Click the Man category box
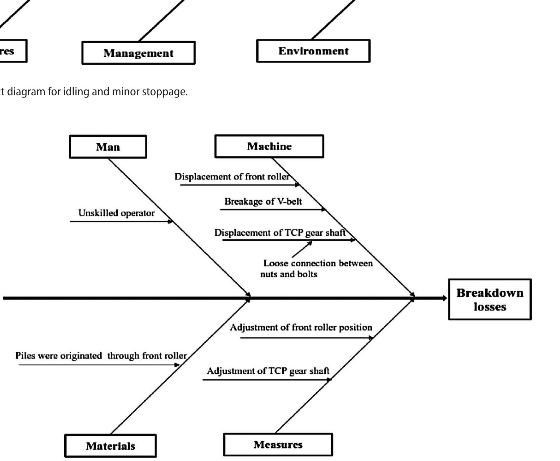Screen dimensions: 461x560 tap(108, 147)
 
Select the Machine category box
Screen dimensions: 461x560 tap(269, 146)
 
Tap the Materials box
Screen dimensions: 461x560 tap(110, 446)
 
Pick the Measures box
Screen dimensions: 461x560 tap(278, 444)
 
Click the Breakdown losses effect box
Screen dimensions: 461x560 tap(490, 300)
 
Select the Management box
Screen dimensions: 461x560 tap(138, 53)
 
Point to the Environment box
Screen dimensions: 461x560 tap(313, 51)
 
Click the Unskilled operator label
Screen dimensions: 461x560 tap(116, 213)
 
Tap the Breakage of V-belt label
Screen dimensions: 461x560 tap(263, 201)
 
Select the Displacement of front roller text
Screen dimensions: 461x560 tap(232, 177)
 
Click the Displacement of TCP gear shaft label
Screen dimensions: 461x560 tap(280, 232)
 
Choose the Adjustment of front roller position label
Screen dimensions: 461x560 tap(301, 327)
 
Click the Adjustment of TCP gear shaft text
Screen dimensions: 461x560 tap(268, 371)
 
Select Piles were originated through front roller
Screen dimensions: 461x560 tap(101, 356)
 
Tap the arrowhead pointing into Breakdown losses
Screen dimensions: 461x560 tap(443, 298)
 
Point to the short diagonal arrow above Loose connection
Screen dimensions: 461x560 tap(302, 249)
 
